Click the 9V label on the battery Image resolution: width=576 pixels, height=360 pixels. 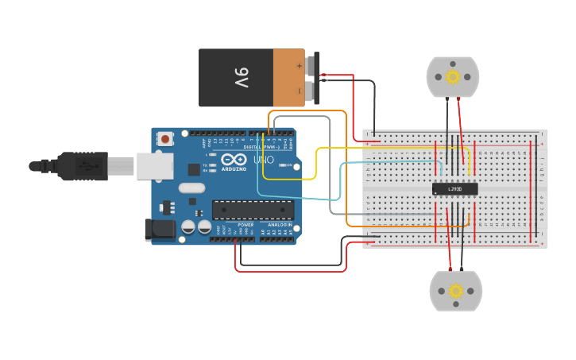pos(242,78)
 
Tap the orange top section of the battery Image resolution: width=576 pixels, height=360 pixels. pos(288,78)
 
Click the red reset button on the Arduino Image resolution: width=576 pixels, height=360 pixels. pos(165,139)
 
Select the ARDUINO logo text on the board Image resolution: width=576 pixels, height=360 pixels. pos(234,169)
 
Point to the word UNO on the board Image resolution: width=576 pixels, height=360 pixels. pos(263,161)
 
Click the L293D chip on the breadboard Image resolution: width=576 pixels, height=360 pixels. pos(455,188)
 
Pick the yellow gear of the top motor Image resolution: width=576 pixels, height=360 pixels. pos(453,77)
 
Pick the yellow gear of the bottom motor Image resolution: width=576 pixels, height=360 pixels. pos(455,291)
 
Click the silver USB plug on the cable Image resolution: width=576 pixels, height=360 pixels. pos(121,166)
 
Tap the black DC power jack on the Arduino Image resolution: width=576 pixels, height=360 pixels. pos(160,229)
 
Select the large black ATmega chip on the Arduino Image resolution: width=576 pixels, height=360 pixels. pos(252,210)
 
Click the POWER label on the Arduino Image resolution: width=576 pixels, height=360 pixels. pos(245,225)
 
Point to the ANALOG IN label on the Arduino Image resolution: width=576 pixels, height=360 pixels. pos(279,225)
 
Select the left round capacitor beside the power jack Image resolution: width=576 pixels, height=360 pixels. pos(188,226)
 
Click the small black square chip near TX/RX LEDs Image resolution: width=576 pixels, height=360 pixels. pos(194,168)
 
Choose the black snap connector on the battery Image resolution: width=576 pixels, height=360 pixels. pos(316,78)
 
